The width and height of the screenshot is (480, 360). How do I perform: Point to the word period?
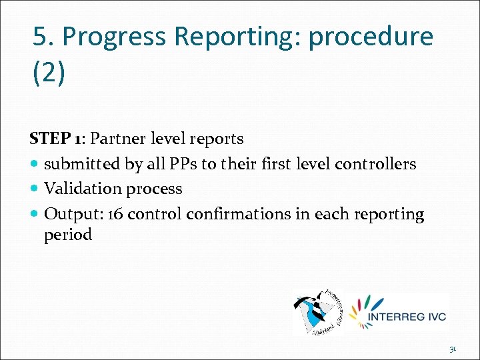click(x=68, y=235)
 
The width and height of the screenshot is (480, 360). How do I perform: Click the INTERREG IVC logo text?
click(x=407, y=316)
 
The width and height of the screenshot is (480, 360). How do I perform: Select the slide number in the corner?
click(x=453, y=348)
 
